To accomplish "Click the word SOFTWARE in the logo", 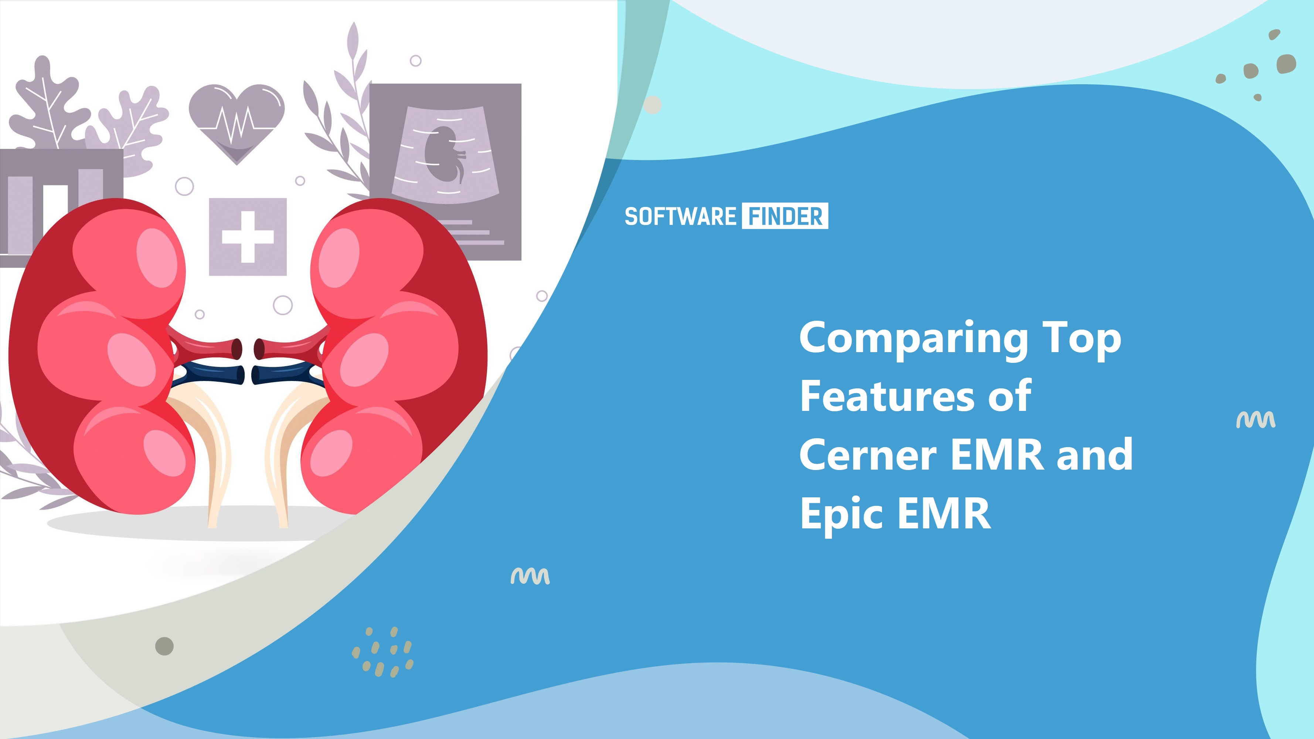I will [x=680, y=216].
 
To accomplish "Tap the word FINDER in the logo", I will [x=785, y=216].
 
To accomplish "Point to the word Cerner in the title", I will [x=868, y=455].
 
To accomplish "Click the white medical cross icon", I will [x=248, y=236].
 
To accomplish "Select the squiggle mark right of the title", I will [x=1255, y=420].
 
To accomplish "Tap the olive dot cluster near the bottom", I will [x=382, y=652].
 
